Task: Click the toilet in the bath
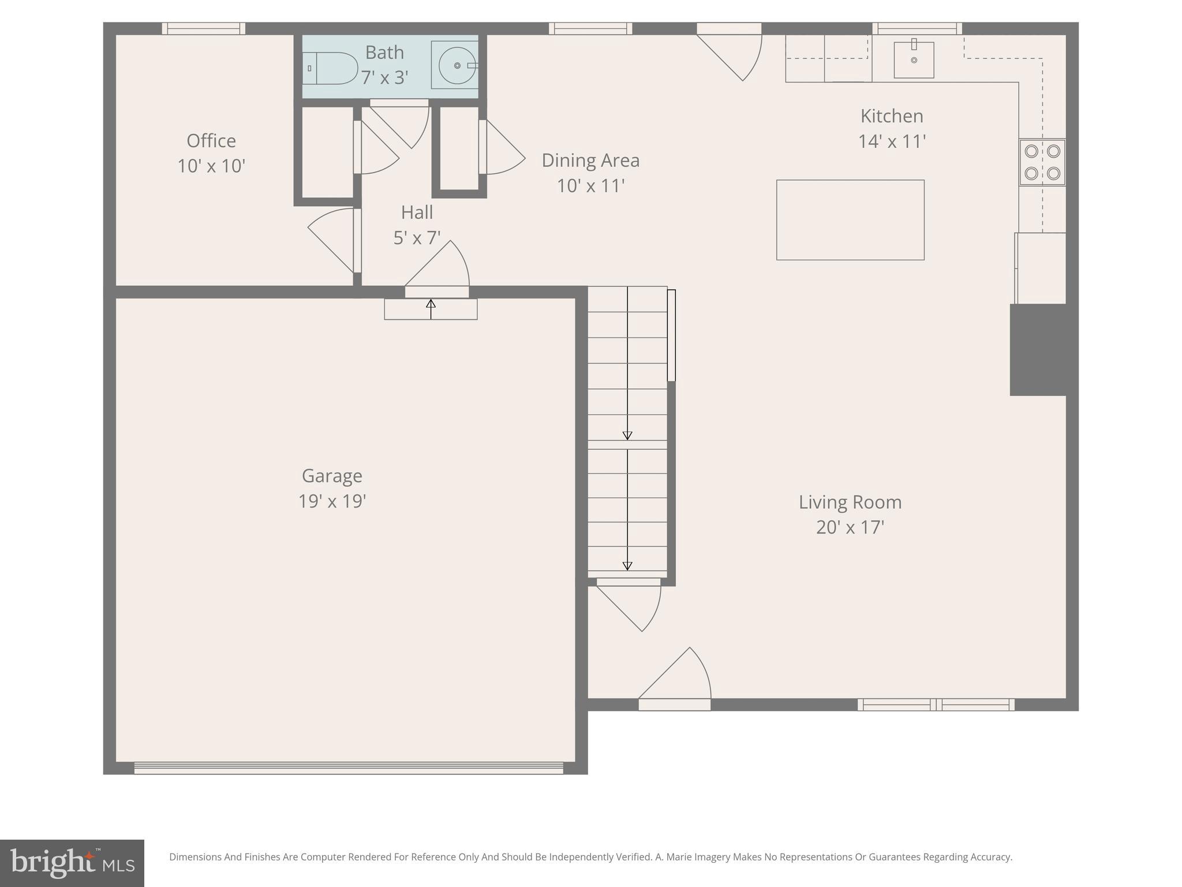[331, 68]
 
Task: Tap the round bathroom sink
[457, 66]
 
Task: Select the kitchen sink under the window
[914, 60]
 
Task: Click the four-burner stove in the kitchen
[1042, 162]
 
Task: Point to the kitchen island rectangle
[850, 220]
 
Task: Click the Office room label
[211, 141]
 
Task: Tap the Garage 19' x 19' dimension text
[332, 501]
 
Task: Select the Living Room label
[850, 502]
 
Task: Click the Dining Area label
[590, 161]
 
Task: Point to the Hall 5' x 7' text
[417, 237]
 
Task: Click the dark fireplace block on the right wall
[1037, 350]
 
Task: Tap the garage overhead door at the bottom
[349, 768]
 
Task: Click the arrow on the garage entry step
[431, 308]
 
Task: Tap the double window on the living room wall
[936, 705]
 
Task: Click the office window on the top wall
[203, 28]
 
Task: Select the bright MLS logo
[72, 863]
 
